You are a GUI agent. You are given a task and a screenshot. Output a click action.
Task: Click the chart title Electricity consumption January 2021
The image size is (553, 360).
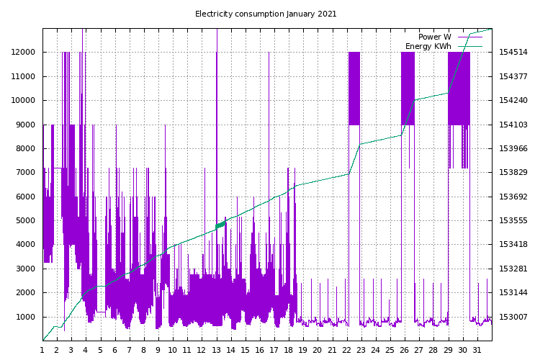pos(266,14)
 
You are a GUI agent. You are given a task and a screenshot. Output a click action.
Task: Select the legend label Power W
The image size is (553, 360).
pos(434,37)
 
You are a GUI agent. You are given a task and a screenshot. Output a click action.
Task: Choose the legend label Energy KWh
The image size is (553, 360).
pos(428,46)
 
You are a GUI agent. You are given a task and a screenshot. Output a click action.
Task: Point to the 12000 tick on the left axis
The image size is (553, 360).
pos(24,53)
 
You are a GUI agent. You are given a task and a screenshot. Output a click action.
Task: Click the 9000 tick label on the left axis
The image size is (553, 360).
pos(26,125)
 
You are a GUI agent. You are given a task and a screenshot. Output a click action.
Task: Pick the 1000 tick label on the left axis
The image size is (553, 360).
pos(26,317)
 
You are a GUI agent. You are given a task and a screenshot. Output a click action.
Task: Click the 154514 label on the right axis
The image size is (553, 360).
pos(513,53)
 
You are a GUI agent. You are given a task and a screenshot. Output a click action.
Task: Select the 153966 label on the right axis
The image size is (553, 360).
pos(513,149)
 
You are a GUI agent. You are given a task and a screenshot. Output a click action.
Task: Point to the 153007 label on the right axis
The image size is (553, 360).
pos(513,317)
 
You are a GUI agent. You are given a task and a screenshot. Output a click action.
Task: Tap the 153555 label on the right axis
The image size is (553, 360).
pos(513,221)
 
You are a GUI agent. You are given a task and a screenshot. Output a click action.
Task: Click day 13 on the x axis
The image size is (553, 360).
pos(216,350)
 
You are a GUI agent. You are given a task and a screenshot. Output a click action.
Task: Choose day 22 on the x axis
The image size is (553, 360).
pos(347,350)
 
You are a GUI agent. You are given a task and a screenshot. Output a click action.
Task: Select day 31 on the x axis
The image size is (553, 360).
pos(477,350)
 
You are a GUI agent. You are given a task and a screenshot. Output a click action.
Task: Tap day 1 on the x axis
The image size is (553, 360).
pos(42,350)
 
